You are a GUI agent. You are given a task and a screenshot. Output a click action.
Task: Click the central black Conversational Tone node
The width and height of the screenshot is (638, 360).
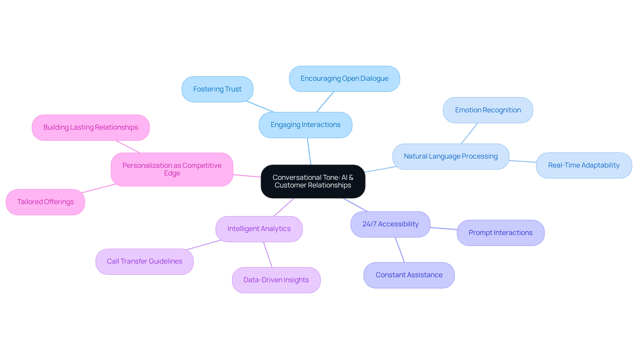(x=313, y=181)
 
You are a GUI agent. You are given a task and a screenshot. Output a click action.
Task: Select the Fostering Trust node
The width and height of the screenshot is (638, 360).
(x=217, y=89)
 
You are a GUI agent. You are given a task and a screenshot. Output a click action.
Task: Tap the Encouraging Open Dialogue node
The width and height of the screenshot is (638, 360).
(x=344, y=79)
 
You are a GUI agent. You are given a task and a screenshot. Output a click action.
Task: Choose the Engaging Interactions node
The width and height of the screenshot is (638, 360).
(x=305, y=125)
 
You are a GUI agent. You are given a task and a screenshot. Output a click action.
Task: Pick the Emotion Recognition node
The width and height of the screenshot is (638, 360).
(x=488, y=110)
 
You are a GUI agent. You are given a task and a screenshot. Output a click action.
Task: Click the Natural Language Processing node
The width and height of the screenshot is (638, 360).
(x=451, y=157)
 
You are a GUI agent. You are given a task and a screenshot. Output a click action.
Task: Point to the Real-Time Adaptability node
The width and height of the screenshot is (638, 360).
(x=584, y=166)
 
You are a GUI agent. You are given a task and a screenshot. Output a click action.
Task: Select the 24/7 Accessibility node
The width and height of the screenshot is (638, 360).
(x=390, y=224)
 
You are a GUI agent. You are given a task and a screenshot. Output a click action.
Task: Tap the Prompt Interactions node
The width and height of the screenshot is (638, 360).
(x=500, y=233)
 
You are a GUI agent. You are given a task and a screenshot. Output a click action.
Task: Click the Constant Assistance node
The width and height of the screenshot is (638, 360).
(x=409, y=275)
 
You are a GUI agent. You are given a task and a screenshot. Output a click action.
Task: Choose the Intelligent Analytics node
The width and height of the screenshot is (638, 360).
(x=259, y=229)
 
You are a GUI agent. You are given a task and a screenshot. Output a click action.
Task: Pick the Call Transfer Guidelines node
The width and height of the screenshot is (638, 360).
(x=145, y=262)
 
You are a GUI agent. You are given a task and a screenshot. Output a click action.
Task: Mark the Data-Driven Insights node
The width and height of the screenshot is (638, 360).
(x=276, y=280)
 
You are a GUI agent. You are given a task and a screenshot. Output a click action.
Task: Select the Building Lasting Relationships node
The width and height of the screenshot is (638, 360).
(x=91, y=128)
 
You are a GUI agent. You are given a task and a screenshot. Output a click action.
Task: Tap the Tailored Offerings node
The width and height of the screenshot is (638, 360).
(x=45, y=202)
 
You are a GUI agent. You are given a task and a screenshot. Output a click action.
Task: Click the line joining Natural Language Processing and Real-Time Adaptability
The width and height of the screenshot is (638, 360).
(x=523, y=162)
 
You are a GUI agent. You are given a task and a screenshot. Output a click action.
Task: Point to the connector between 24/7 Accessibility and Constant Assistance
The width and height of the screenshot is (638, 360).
(x=400, y=250)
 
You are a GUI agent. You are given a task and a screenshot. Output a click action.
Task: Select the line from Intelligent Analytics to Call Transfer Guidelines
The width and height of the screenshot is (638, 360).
(x=204, y=245)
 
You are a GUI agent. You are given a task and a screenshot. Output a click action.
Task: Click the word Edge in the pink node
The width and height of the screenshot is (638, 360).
(x=172, y=174)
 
